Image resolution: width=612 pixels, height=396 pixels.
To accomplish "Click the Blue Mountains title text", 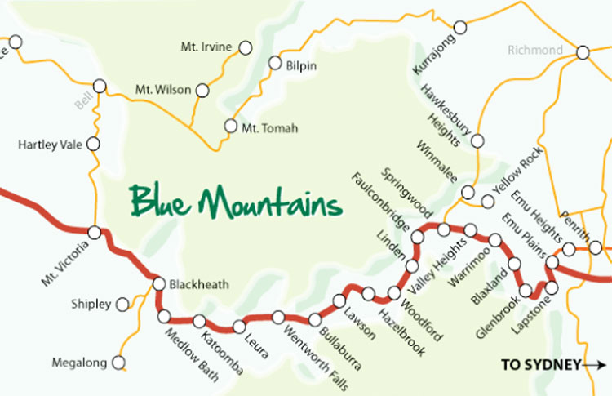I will coord(235,200).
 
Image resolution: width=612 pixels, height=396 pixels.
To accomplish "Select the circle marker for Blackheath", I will coord(159,284).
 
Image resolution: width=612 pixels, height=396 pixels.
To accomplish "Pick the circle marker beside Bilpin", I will coord(274,64).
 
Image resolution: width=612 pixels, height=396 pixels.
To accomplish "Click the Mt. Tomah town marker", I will coord(231,127).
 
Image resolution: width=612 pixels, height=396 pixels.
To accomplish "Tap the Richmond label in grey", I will coord(534,51).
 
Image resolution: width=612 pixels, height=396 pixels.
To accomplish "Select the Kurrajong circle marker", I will coord(460,28).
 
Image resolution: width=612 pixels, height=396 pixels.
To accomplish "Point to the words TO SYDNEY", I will coord(541,365).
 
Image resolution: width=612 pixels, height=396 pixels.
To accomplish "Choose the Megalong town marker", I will coord(120,362).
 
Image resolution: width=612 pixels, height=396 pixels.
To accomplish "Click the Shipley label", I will coord(91,305).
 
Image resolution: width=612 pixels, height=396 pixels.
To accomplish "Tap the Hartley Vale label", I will coord(48,145).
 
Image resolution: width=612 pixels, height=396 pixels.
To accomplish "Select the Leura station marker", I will coord(239,326).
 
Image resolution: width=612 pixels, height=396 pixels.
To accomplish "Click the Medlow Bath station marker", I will coord(165,316).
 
